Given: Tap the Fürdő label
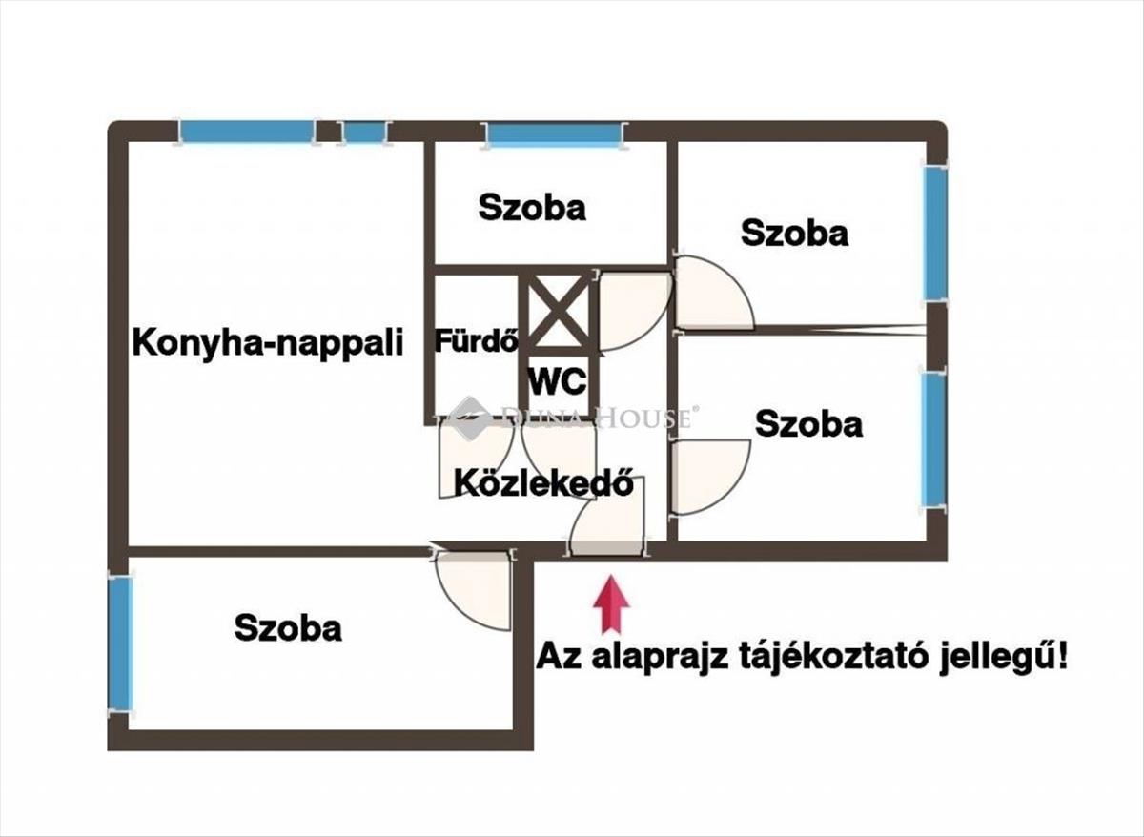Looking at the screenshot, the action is [477, 340].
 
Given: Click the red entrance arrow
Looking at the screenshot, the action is [611, 604].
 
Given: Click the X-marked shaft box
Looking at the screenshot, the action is [557, 310].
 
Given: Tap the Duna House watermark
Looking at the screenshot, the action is [571, 417].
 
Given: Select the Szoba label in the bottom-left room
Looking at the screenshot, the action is [288, 627].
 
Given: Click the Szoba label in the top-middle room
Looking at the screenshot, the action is [532, 208].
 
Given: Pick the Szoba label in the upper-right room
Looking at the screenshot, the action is [795, 233].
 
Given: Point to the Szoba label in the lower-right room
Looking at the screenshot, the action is [809, 424].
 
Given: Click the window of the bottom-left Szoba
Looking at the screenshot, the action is [121, 644].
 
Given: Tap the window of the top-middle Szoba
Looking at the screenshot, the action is [555, 134].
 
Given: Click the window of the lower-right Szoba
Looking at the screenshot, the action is [933, 440].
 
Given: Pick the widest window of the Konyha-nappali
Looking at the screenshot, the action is [247, 132].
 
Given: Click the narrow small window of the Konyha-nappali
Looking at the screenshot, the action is [364, 133].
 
